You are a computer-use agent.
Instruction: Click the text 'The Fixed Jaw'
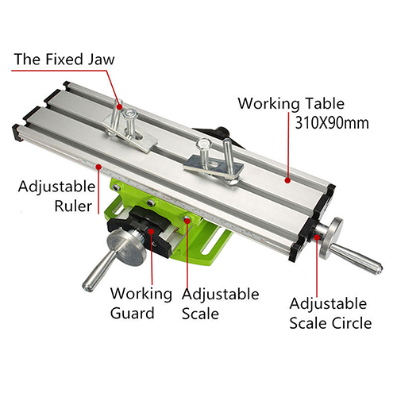tap(64, 59)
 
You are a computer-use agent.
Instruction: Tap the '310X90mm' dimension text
tap(332, 123)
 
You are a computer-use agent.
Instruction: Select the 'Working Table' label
tap(291, 103)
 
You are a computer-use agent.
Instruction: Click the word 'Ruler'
tap(73, 206)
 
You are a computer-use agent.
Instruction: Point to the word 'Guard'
tap(133, 313)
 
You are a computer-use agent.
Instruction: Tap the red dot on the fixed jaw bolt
tap(119, 107)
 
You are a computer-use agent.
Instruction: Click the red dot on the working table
tap(287, 180)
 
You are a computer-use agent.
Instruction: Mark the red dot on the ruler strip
tap(98, 167)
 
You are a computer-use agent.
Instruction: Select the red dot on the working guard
tap(151, 231)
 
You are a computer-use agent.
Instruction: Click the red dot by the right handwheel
tap(316, 237)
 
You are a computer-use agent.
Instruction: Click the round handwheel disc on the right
tap(331, 238)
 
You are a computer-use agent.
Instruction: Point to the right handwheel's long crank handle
tap(356, 260)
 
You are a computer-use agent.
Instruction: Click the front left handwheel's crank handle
tap(98, 272)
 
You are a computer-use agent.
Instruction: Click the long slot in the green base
tap(213, 241)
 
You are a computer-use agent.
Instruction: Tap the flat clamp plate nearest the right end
tap(214, 167)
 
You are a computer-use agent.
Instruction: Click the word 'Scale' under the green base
tap(200, 314)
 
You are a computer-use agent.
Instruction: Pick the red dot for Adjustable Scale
tap(187, 220)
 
